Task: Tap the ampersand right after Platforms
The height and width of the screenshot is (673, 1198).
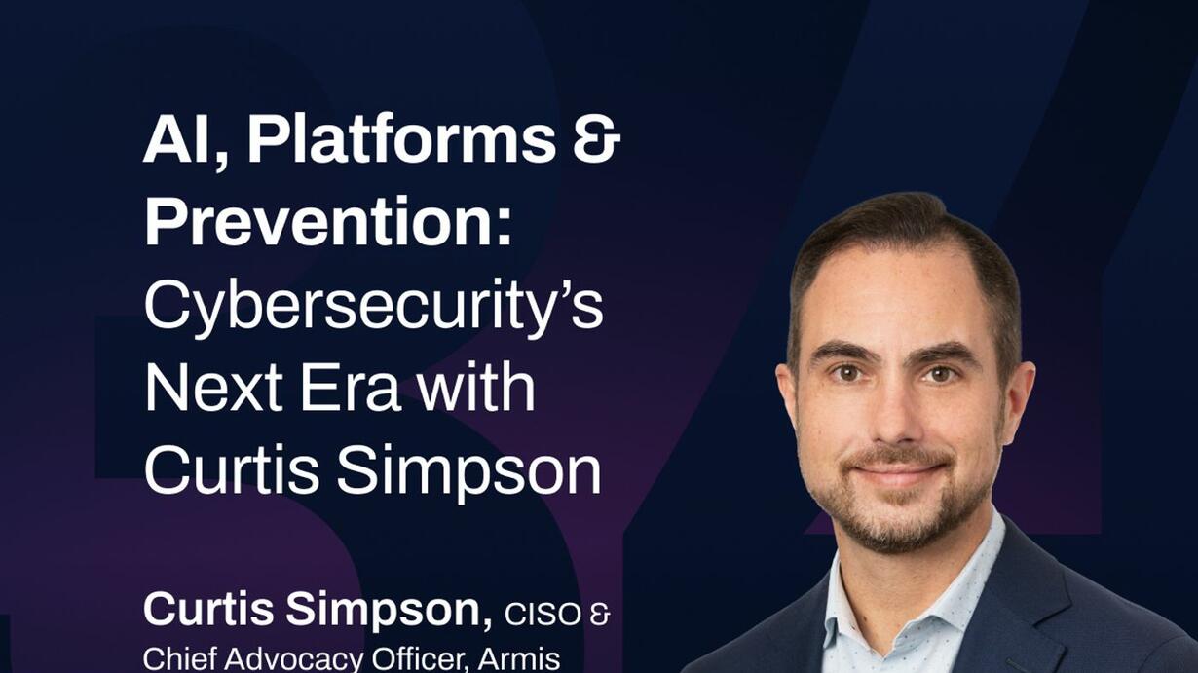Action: click(597, 140)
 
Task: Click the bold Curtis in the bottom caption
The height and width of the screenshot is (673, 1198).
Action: click(208, 610)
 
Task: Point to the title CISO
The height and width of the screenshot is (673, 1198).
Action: click(543, 615)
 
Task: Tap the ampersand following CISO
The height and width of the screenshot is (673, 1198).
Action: click(600, 615)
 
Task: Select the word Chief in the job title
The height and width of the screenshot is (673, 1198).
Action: click(179, 658)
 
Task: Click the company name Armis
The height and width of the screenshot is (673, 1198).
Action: click(519, 659)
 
